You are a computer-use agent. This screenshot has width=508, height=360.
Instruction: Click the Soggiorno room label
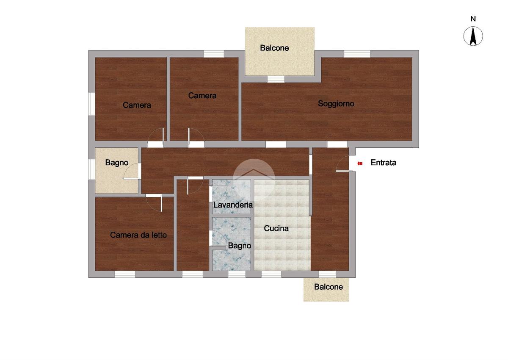[336, 104]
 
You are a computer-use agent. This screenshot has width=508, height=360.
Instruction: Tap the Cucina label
[276, 228]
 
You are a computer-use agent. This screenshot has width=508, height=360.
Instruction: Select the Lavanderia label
[233, 205]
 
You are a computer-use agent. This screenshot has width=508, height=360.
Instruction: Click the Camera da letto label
[138, 235]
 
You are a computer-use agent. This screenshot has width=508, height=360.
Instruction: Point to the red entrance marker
[360, 163]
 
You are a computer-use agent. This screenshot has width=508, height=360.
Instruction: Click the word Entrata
[384, 163]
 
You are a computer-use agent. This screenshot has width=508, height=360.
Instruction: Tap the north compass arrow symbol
[473, 36]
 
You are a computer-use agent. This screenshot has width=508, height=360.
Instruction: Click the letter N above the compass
[473, 19]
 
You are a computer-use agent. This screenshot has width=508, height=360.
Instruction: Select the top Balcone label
[274, 48]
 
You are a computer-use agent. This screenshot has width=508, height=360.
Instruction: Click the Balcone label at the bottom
[329, 287]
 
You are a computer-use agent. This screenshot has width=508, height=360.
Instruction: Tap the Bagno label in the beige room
[116, 163]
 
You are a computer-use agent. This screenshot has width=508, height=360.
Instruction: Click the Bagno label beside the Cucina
[240, 246]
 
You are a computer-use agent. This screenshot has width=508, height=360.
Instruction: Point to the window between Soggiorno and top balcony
[276, 79]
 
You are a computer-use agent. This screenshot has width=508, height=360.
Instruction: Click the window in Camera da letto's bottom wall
[125, 274]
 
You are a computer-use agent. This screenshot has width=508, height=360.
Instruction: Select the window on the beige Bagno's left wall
[91, 169]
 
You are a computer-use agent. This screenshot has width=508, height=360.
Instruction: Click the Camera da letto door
[154, 203]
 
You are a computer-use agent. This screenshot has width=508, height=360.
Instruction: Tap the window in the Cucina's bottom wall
[271, 274]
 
